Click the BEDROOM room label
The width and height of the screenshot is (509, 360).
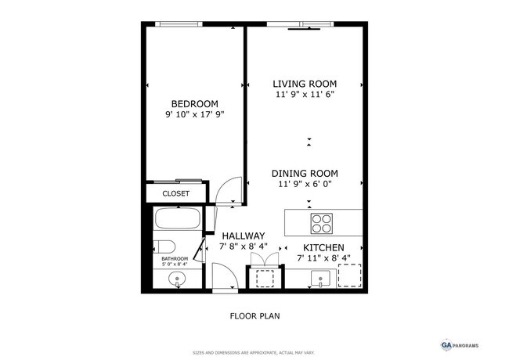(x=194, y=104)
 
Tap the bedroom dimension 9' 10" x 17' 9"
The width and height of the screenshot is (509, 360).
(x=194, y=115)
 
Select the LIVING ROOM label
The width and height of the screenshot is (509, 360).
(x=305, y=84)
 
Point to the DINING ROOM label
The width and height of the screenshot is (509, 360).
(x=305, y=174)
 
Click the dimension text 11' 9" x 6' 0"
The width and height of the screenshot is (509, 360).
(x=305, y=185)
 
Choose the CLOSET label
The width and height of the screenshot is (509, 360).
(x=175, y=193)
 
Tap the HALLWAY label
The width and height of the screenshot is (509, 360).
(x=243, y=236)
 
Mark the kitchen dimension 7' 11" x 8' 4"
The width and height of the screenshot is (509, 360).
(x=323, y=257)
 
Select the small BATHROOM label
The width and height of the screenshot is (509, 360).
(x=175, y=258)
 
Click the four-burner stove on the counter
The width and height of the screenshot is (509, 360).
(x=322, y=223)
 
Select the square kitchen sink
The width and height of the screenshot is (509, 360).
(x=319, y=277)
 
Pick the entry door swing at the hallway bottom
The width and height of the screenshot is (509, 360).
(x=225, y=278)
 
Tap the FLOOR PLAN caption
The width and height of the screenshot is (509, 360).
(x=254, y=317)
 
